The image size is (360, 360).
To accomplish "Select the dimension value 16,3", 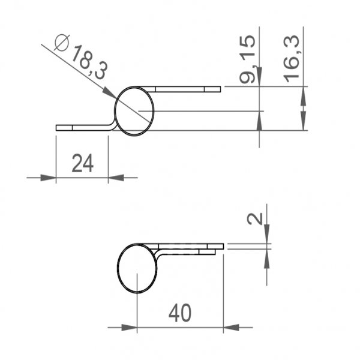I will [292, 59].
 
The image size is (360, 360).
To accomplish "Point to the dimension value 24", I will [82, 163].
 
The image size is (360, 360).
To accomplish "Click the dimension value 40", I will [180, 313].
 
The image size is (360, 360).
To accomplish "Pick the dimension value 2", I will [254, 220].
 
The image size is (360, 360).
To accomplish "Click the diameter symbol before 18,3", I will [62, 43].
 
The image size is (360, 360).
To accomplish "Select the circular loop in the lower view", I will [137, 269].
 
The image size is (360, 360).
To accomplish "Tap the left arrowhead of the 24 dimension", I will [49, 178].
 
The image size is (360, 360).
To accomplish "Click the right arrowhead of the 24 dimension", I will [115, 178].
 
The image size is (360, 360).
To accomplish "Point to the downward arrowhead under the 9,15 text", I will [259, 78].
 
